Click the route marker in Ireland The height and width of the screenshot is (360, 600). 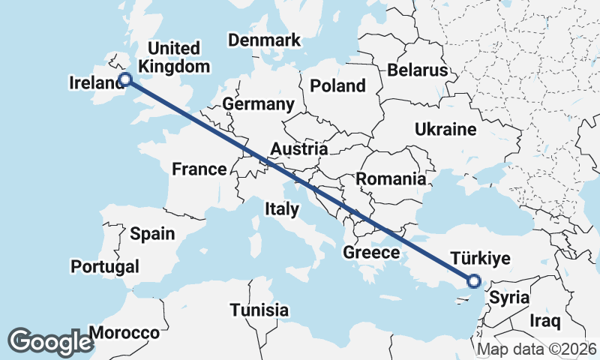click(x=126, y=79)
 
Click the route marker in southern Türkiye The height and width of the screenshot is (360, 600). click(x=473, y=281)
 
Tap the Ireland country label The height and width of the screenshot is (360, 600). click(x=95, y=82)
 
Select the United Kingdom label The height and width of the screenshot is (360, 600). click(x=174, y=58)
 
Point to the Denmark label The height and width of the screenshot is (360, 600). click(x=264, y=40)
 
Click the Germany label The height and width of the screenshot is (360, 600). click(x=257, y=104)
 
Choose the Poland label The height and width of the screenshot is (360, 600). click(x=337, y=85)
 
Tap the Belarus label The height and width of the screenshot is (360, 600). click(x=418, y=70)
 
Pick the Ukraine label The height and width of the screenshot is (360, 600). click(x=445, y=130)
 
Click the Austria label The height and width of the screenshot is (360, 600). click(x=298, y=149)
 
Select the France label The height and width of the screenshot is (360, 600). click(x=199, y=169)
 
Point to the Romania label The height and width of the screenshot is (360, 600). click(x=390, y=179)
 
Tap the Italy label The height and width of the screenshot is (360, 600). click(x=281, y=209)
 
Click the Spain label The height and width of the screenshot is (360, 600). click(x=152, y=234)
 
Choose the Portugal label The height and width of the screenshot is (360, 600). click(x=105, y=266)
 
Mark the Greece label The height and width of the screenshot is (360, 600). click(x=371, y=253)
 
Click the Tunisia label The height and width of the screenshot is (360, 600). click(x=259, y=310)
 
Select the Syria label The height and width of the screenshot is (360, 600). click(x=509, y=298)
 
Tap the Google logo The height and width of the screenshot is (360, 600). click(x=51, y=341)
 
